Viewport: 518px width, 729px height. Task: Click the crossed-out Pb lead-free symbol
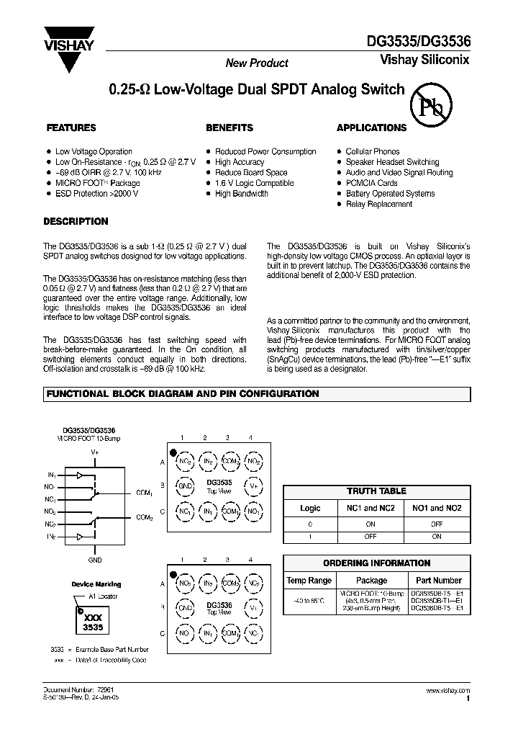pyautogui.click(x=430, y=106)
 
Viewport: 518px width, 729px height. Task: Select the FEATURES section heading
pyautogui.click(x=71, y=128)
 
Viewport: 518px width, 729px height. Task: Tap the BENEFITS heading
pyautogui.click(x=230, y=128)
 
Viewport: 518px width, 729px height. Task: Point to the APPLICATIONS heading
pyautogui.click(x=371, y=128)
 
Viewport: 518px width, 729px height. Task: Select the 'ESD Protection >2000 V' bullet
pyautogui.click(x=97, y=194)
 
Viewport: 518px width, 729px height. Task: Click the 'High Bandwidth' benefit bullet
pyautogui.click(x=242, y=194)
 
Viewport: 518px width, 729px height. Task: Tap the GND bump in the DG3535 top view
pyautogui.click(x=185, y=486)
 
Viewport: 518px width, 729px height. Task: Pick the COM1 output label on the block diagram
pyautogui.click(x=144, y=493)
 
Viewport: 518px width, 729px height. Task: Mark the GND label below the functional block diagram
pyautogui.click(x=95, y=560)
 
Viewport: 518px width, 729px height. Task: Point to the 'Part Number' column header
pyautogui.click(x=438, y=580)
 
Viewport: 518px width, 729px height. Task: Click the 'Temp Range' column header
pyautogui.click(x=309, y=580)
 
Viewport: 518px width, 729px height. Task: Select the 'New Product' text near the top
pyautogui.click(x=257, y=63)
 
